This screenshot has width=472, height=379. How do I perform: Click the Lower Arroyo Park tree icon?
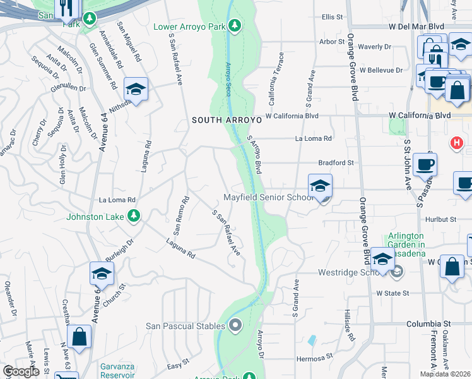235,25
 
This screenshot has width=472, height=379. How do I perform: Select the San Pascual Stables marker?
235,326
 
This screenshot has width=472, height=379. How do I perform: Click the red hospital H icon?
456,143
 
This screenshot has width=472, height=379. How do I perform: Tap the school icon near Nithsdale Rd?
136,89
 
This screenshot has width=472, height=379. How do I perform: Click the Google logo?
21,372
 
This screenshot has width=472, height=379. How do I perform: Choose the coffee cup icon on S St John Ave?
424,165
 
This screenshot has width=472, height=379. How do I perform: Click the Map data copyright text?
445,374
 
